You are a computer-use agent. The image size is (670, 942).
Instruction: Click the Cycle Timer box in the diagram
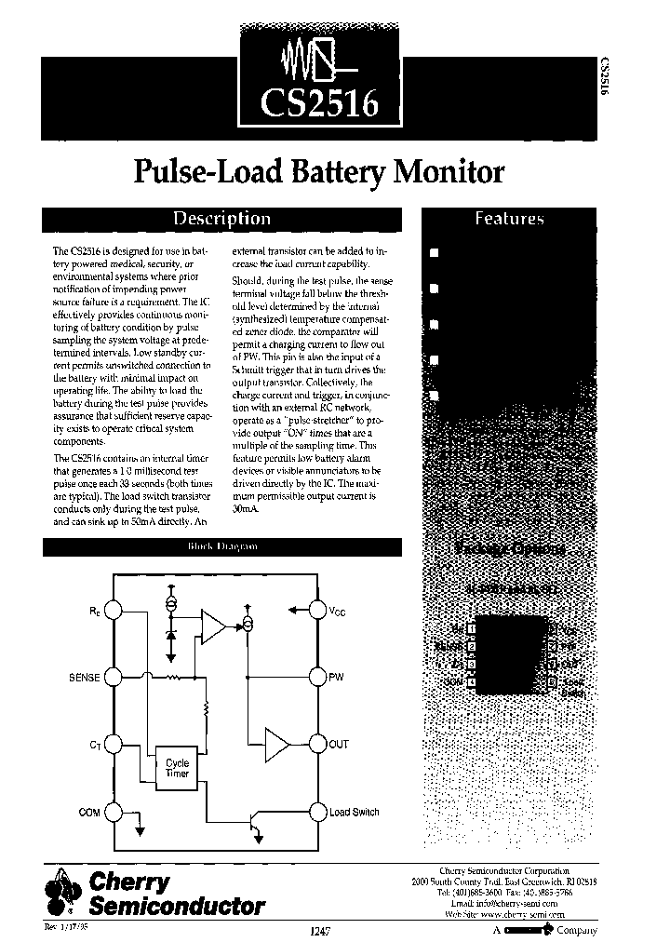177,768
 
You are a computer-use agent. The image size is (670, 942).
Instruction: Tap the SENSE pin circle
113,677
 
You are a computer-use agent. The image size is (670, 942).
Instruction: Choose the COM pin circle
113,812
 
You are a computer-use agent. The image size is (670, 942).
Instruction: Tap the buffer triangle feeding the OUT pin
277,745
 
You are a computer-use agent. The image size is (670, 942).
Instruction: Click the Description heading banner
223,219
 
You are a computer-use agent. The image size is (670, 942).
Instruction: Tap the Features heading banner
509,219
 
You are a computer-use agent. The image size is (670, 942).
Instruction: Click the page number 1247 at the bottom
316,930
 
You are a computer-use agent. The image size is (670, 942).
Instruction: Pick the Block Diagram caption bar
223,548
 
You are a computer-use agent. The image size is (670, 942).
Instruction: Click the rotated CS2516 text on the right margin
606,82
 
